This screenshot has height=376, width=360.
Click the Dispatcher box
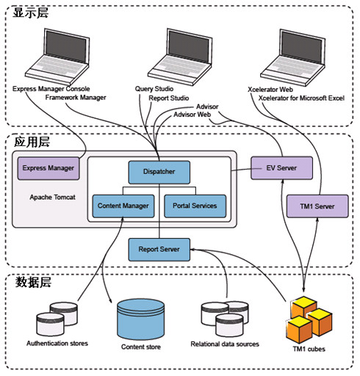159,172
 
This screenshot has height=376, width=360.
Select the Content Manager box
123,206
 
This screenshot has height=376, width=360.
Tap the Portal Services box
195,206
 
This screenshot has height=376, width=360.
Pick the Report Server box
159,250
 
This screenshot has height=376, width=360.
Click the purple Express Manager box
48,168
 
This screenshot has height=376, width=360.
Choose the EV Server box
281,168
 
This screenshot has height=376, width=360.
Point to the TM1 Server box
317,206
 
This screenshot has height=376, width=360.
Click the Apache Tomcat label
52,198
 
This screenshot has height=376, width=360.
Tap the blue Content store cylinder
140,319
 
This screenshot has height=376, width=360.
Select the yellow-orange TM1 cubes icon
309,319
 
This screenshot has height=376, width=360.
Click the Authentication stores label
57,344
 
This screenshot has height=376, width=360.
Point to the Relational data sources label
225,344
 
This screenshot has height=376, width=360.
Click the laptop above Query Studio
180,57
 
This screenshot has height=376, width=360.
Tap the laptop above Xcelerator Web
292,58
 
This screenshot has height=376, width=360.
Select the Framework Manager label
76,98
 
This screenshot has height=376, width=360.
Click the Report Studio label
169,98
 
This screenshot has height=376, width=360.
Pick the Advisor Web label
192,115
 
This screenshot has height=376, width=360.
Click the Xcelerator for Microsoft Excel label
301,98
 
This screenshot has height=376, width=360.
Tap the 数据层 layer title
33,282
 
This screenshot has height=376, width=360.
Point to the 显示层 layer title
31,12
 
